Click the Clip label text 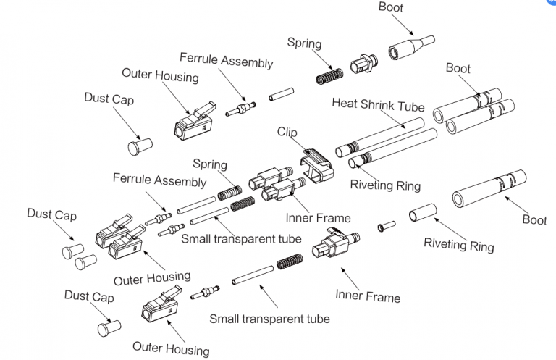[287, 132]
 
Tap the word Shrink [377, 104]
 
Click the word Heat [345, 103]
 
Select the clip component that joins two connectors [316, 165]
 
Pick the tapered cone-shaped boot [411, 48]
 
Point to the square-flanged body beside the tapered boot [364, 64]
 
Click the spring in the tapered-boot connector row [330, 76]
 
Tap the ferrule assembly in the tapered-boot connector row [240, 109]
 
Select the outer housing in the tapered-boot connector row [195, 121]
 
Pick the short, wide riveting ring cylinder [423, 212]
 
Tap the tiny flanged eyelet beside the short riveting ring [387, 226]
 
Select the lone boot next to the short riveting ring [489, 188]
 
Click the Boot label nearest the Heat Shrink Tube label [458, 68]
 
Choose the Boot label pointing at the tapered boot [391, 7]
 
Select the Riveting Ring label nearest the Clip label [385, 185]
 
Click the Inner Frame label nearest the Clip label [318, 218]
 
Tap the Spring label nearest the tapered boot [304, 43]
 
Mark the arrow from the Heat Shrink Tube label [393, 120]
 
